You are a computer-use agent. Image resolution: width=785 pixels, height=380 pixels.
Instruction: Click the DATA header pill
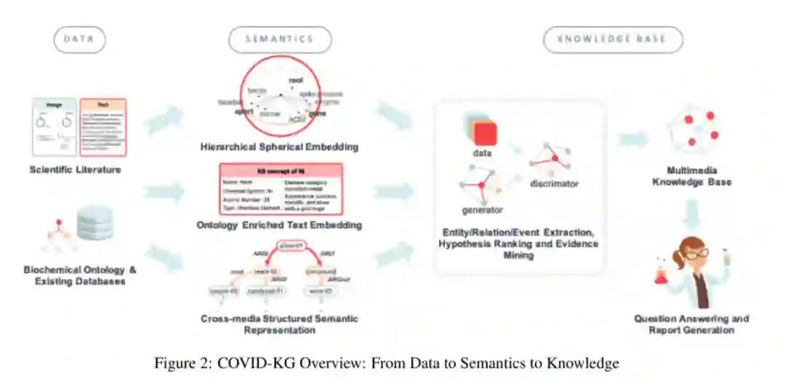tap(79, 39)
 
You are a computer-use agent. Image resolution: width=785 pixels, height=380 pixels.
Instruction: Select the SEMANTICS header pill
tap(280, 39)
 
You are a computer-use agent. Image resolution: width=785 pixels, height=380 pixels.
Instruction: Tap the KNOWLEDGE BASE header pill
tap(612, 39)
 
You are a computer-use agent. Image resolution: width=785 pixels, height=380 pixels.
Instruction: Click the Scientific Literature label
tap(76, 170)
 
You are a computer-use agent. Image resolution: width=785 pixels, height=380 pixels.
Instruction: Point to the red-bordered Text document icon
tap(102, 127)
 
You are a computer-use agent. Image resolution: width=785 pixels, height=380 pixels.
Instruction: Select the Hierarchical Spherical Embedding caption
tap(280, 147)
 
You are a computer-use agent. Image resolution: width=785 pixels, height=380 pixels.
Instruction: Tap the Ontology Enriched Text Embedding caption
tap(280, 225)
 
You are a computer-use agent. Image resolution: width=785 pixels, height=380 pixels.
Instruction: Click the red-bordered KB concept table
tap(280, 188)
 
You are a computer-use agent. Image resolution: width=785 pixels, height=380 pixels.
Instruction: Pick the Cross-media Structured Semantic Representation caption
tap(280, 324)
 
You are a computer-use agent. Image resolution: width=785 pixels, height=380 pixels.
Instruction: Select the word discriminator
tap(554, 184)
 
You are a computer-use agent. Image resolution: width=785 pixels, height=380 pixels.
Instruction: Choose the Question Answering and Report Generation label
tap(691, 324)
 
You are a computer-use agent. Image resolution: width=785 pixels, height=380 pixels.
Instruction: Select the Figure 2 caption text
tap(386, 363)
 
